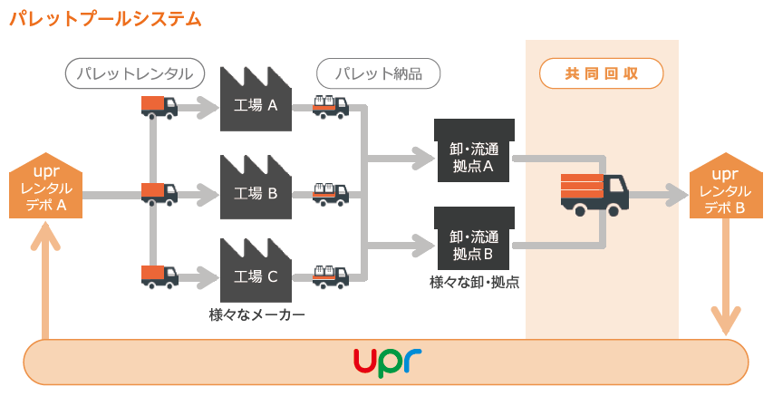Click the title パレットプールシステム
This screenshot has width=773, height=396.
click(105, 18)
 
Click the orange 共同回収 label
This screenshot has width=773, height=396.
click(601, 73)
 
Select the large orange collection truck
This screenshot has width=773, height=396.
click(594, 193)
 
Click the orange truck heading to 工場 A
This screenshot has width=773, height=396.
click(159, 107)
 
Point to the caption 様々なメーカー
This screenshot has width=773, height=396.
click(256, 315)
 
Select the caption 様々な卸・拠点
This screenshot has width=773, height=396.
click(474, 283)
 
